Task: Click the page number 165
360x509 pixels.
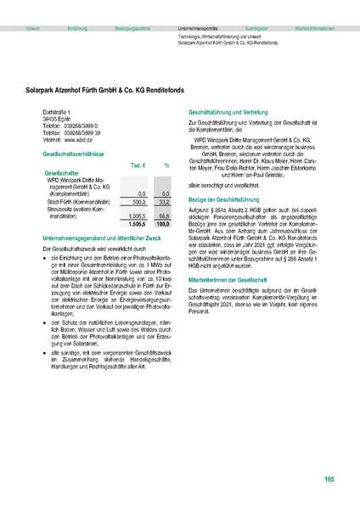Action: pyautogui.click(x=329, y=480)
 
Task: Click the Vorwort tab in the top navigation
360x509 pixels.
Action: pyautogui.click(x=33, y=29)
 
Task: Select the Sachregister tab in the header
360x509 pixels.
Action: pyautogui.click(x=256, y=29)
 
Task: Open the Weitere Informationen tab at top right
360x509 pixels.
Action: pyautogui.click(x=314, y=29)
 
